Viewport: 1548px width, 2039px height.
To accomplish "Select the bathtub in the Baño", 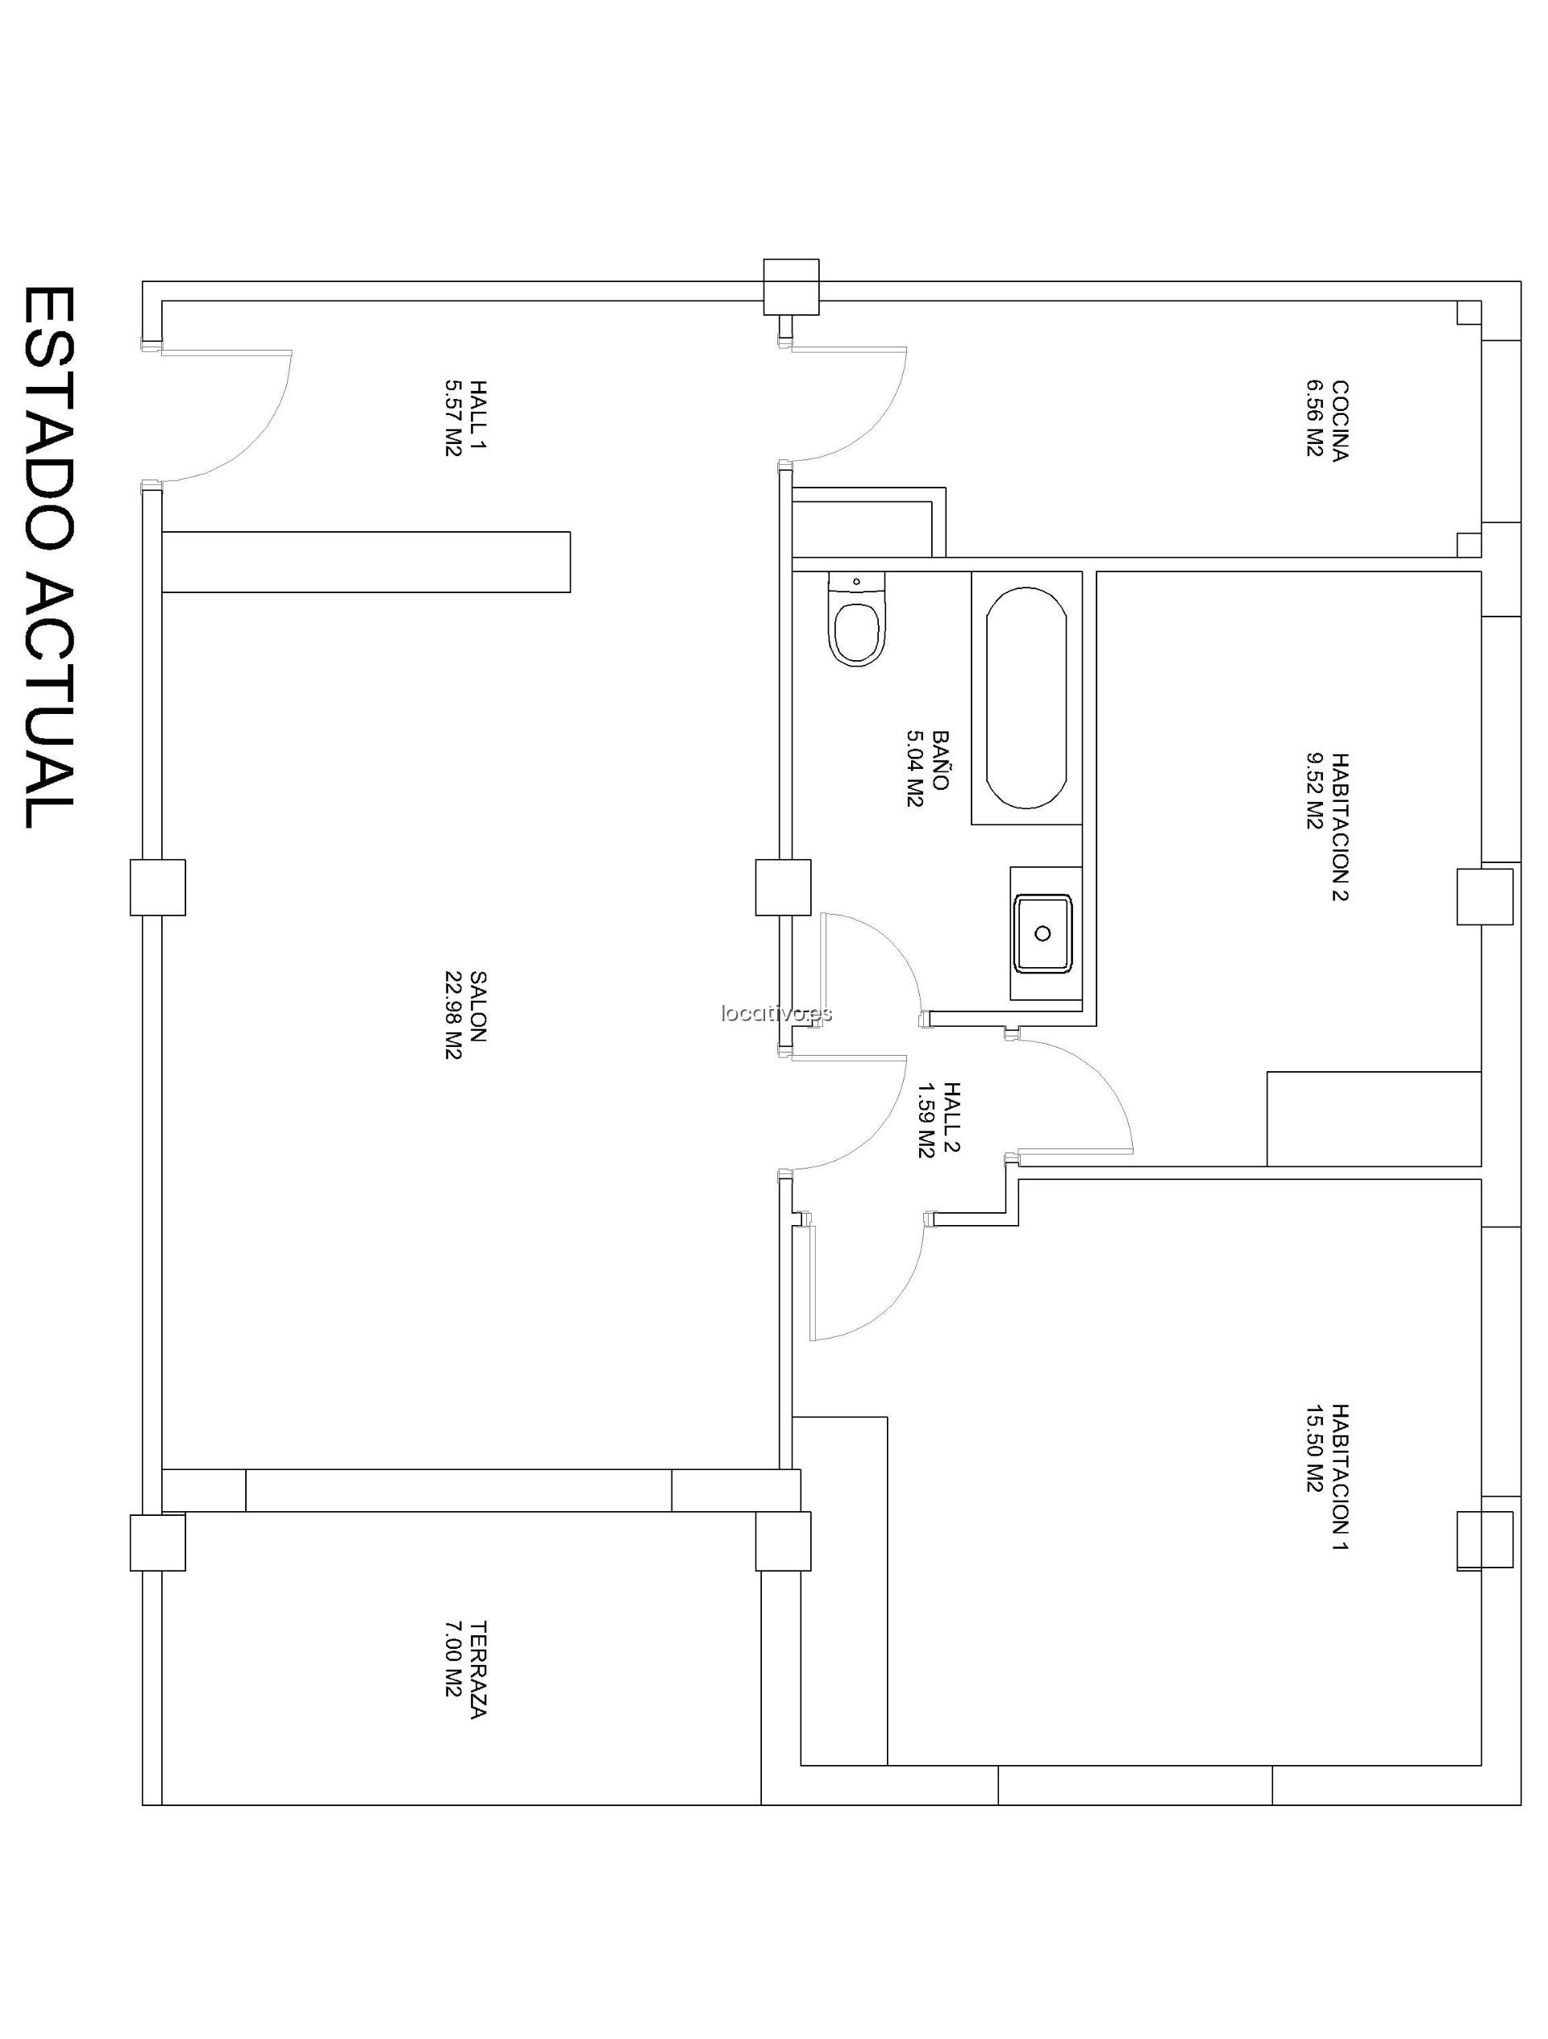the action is (x=1026, y=698).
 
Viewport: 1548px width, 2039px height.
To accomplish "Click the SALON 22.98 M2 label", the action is (x=464, y=1014).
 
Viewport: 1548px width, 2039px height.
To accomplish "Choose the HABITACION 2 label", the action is (x=1328, y=826).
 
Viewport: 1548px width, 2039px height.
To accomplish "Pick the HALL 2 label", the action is (x=939, y=1119).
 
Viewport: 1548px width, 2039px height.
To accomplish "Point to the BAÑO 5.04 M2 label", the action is (x=927, y=768).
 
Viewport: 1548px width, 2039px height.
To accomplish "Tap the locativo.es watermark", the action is (x=776, y=1013).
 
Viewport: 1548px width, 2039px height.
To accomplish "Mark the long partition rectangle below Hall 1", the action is (x=365, y=562).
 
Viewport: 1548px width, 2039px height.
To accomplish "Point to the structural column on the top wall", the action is (x=791, y=287).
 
